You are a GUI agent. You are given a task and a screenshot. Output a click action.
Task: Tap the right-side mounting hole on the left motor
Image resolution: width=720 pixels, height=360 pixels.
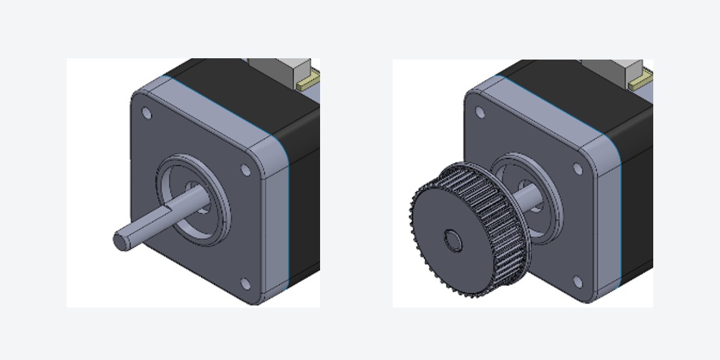coord(245,170)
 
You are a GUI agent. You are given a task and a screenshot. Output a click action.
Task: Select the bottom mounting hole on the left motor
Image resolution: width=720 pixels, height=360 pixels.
coord(245,283)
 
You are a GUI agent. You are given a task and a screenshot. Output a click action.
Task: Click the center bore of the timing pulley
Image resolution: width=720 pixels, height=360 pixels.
coord(452,241)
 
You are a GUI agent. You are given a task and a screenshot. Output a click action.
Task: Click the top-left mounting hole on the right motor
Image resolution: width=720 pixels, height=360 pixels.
coord(480,113)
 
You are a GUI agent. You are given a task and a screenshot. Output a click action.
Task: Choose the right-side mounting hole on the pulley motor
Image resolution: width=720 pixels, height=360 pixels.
coord(578,169)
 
